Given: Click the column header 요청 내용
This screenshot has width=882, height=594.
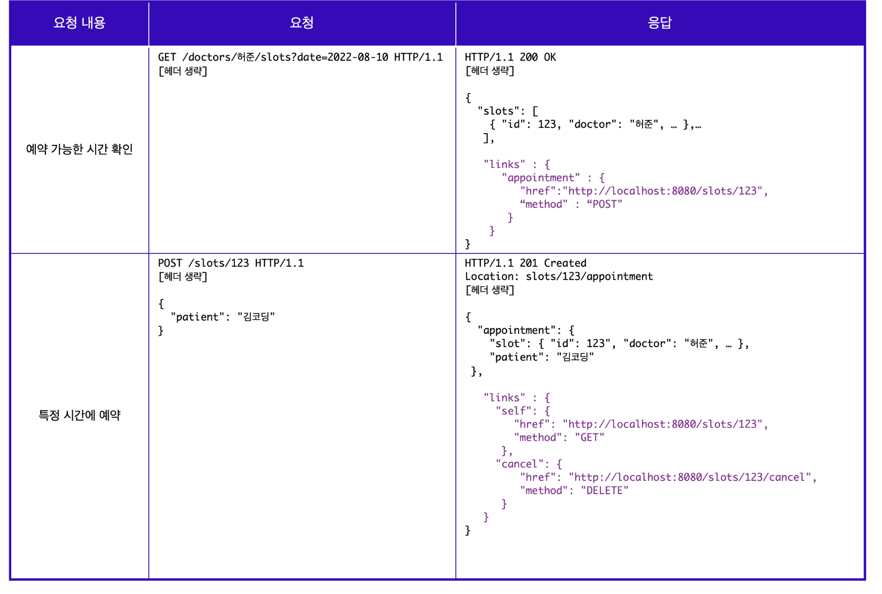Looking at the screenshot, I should tap(79, 23).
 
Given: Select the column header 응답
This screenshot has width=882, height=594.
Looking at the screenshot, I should tap(659, 23).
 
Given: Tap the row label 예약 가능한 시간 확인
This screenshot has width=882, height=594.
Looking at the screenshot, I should tap(79, 149).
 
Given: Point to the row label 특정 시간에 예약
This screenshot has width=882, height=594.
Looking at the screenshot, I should tap(79, 415).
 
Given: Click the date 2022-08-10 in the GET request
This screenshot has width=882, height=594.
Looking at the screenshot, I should tap(358, 57).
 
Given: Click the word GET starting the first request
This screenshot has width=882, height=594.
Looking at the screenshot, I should tap(167, 57).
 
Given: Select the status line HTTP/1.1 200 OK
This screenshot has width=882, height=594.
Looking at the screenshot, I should tap(510, 57).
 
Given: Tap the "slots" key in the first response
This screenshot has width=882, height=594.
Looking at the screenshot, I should tap(498, 111).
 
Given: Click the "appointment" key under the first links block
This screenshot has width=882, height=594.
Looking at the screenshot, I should tap(541, 178).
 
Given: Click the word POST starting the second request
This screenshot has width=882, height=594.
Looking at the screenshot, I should tap(170, 263).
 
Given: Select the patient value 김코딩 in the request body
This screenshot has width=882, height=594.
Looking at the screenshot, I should tap(256, 317).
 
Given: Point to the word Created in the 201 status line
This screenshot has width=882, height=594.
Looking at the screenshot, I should tap(565, 263).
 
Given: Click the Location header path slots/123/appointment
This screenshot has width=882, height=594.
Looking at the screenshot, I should tap(589, 277).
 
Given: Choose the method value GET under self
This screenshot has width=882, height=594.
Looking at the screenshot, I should tap(589, 438).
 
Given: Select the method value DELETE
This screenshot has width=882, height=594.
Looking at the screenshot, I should tap(604, 491).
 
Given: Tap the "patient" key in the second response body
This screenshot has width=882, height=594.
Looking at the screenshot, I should tap(516, 357).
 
